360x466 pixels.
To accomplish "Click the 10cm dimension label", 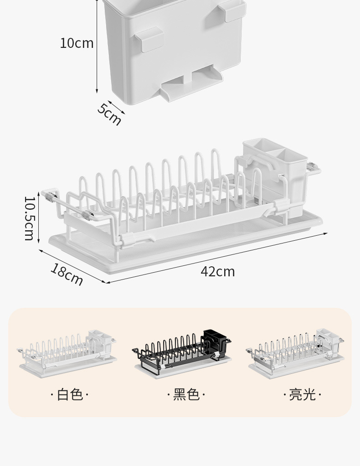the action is (77, 43).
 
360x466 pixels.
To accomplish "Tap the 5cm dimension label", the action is (109, 114).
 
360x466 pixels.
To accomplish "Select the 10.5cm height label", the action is (30, 218).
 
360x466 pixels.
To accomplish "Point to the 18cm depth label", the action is (67, 274).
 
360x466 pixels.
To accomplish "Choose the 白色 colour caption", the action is (70, 395).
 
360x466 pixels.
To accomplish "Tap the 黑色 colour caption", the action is (186, 395).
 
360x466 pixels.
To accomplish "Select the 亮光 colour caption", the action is (303, 395).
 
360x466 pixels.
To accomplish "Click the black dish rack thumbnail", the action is (182, 354).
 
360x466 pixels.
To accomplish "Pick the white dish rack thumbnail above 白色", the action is (67, 354).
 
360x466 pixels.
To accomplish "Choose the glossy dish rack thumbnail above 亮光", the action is (295, 354).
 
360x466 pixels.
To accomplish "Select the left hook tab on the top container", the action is (149, 40).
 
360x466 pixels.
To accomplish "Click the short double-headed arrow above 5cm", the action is (117, 107).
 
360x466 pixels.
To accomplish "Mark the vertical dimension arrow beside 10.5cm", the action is (39, 217).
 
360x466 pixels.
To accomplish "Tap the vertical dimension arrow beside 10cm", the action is (97, 47).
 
